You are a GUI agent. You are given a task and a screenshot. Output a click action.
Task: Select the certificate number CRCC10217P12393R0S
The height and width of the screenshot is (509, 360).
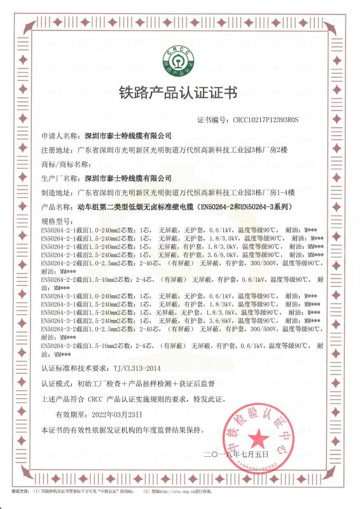[x=265, y=119]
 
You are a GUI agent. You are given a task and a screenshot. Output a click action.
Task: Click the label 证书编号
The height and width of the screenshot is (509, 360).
[x=214, y=119]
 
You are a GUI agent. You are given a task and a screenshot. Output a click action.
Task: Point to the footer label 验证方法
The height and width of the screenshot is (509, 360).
[x=21, y=492]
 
